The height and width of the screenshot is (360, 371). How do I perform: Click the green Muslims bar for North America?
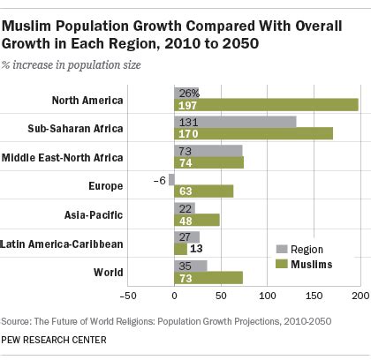[x=265, y=105]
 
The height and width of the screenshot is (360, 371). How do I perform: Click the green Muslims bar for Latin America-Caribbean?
[x=181, y=249]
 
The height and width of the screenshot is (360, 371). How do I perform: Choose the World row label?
[x=109, y=272]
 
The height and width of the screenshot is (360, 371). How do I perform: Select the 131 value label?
[x=185, y=122]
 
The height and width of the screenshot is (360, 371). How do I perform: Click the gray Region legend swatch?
[x=282, y=249]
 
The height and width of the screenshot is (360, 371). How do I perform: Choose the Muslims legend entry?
[x=308, y=263]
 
